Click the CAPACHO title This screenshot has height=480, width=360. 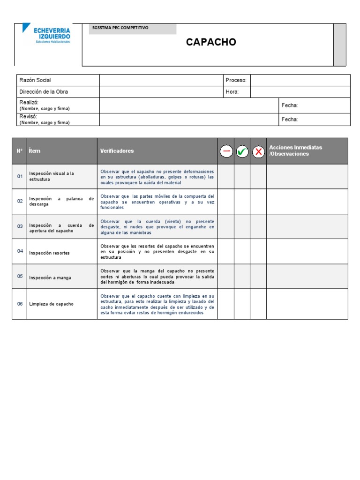click(x=211, y=42)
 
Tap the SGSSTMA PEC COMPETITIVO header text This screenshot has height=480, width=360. click(x=120, y=28)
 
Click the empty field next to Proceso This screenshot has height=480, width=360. click(x=300, y=80)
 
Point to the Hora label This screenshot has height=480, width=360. click(x=232, y=92)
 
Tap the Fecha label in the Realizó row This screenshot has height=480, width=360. click(x=289, y=105)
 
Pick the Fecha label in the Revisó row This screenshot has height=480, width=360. click(x=289, y=120)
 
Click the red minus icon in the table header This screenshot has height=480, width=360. click(x=226, y=151)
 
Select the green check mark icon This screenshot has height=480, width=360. click(x=242, y=151)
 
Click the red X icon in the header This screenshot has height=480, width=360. click(x=258, y=151)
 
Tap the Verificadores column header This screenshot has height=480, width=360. click(x=117, y=151)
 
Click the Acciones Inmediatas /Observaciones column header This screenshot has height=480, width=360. click(x=295, y=150)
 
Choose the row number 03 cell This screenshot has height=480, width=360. click(x=20, y=226)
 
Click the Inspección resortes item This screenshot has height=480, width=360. click(x=49, y=253)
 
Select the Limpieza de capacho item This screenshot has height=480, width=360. click(x=51, y=304)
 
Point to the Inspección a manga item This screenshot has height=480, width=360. click(x=50, y=278)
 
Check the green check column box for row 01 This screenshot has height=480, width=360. click(x=242, y=177)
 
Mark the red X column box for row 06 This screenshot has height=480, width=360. click(x=258, y=304)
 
